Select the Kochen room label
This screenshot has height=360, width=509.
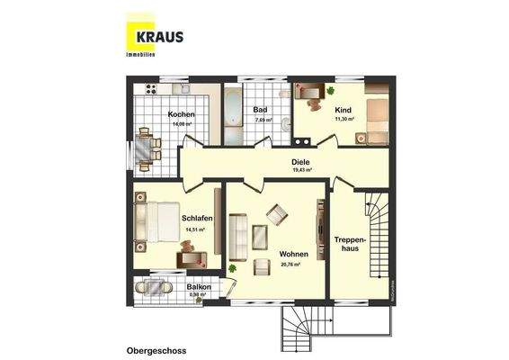[x=181, y=113]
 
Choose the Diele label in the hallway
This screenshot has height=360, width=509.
[x=300, y=162]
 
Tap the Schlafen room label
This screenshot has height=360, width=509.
[x=196, y=218]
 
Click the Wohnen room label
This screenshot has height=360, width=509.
[x=293, y=254]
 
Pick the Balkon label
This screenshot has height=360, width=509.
[x=199, y=286]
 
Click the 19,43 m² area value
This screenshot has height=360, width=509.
[x=300, y=170]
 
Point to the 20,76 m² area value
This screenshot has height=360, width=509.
[x=290, y=264]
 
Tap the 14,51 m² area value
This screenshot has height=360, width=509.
[x=195, y=229]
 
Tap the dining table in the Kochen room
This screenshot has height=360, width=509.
[x=145, y=148]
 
